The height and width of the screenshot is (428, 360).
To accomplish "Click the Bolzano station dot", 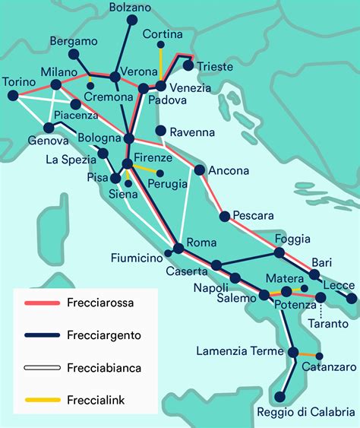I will pos(131,21).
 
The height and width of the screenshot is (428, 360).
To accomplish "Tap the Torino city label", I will pos(19,81).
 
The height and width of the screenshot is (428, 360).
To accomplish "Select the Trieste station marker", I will pos(188,65).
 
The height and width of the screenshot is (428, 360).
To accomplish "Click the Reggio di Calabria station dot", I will pos(280,396).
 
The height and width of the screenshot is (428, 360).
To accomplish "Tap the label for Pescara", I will pos(253,215).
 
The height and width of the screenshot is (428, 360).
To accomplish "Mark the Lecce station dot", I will pos(351,299).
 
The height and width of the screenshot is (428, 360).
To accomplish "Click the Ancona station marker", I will pos(200,170).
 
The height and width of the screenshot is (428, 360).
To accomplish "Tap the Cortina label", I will pos(163,35).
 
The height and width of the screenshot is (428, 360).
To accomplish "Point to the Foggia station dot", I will pos(279,252).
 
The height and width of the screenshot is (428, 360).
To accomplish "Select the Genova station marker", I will pos(49,128).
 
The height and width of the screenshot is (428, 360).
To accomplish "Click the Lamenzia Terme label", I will pos(238,351).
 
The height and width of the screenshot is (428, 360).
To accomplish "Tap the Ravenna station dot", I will pos(159,130).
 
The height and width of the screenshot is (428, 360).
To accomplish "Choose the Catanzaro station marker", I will pos(319,356).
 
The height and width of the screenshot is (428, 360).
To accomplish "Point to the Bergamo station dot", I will pos(74,55).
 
